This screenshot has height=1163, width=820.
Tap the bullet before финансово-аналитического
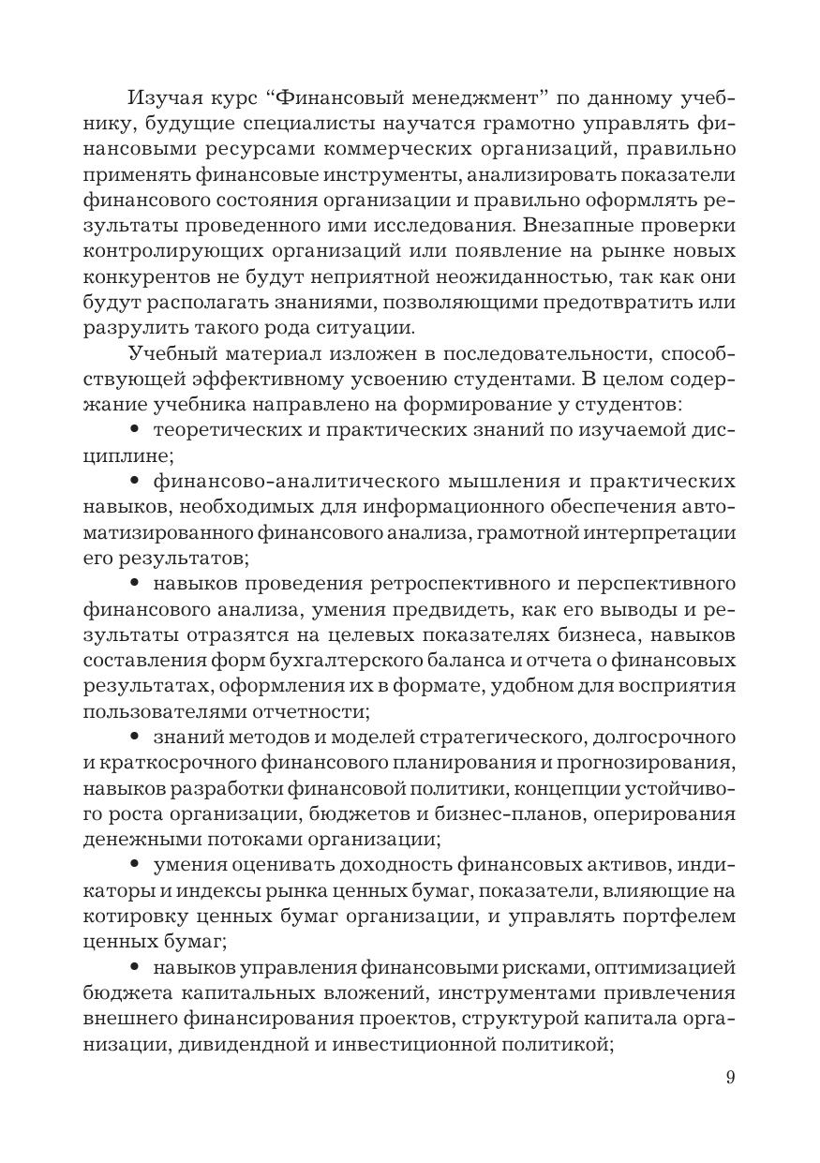coord(134,482)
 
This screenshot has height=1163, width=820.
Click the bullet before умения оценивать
coord(134,866)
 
